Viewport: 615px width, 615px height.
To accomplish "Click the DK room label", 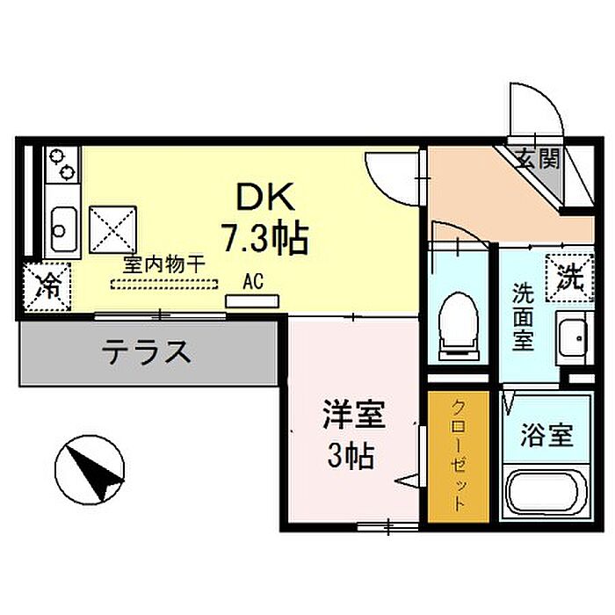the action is pyautogui.click(x=264, y=198).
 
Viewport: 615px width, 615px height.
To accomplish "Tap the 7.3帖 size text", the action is pyautogui.click(x=264, y=237).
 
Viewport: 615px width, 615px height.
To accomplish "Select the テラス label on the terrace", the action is pyautogui.click(x=147, y=351).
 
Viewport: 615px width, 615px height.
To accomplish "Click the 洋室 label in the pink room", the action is pyautogui.click(x=354, y=415).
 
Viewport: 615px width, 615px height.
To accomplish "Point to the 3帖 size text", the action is pyautogui.click(x=351, y=455).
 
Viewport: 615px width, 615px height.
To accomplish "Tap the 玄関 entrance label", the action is pyautogui.click(x=539, y=158).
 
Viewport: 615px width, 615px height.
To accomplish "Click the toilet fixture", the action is pyautogui.click(x=459, y=326).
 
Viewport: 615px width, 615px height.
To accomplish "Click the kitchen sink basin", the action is pyautogui.click(x=63, y=230).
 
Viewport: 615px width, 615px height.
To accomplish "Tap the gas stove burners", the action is pyautogui.click(x=62, y=164).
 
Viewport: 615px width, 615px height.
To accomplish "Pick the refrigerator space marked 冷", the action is pyautogui.click(x=47, y=286).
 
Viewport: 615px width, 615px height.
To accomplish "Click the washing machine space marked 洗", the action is pyautogui.click(x=570, y=278).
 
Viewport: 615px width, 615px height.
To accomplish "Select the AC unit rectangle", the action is pyautogui.click(x=252, y=301).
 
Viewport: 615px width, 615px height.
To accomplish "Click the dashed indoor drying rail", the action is pyautogui.click(x=164, y=284).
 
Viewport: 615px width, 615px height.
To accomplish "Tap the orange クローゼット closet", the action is pyautogui.click(x=458, y=456).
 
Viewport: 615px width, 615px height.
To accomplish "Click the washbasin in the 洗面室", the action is pyautogui.click(x=573, y=338).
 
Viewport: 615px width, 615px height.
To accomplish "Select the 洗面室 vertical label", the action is pyautogui.click(x=524, y=317).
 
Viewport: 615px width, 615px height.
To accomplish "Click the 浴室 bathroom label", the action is pyautogui.click(x=546, y=435).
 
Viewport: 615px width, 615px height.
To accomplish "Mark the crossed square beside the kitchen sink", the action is pyautogui.click(x=113, y=230).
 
